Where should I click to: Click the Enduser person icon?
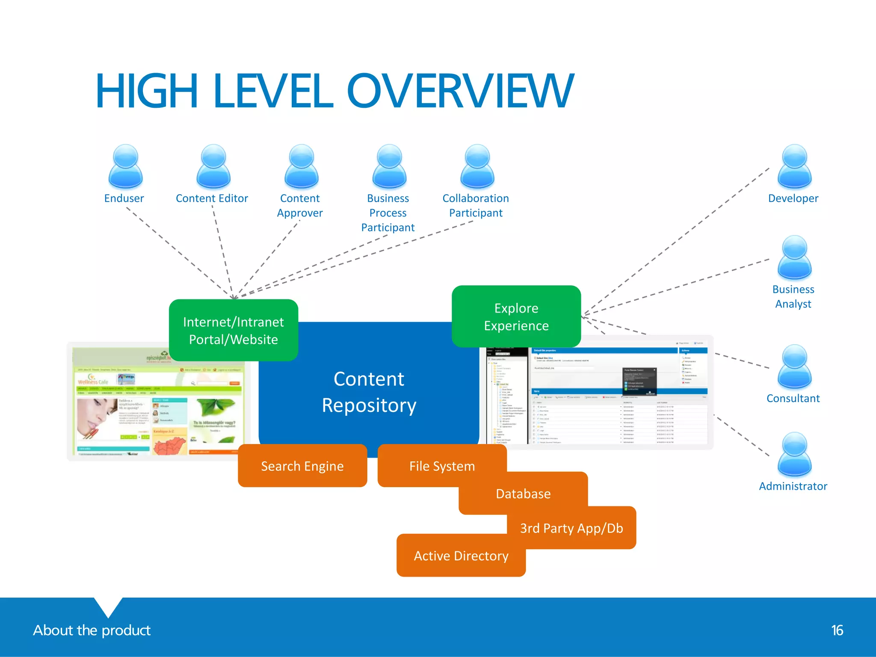coord(125,167)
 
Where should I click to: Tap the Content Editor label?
coord(212,198)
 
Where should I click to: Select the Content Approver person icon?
coord(302,167)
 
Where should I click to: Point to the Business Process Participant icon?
coord(389,167)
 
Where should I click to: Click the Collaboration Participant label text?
coord(476,206)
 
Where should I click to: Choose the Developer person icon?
coord(794,167)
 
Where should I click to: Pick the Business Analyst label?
coord(793,296)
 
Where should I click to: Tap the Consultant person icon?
coord(794,367)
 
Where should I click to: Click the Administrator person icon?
coord(794,454)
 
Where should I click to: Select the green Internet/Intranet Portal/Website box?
coord(234,330)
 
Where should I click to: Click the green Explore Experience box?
coord(516,317)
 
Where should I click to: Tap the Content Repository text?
coord(369,392)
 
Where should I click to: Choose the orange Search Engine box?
coord(302,466)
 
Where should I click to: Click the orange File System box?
coord(442,466)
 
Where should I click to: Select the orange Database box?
coord(523,494)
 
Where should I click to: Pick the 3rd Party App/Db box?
coord(571,528)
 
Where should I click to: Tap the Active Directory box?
coord(461,556)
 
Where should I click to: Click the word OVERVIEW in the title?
coord(460,91)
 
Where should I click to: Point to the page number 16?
coord(837,630)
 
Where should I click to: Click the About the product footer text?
coord(92,630)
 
